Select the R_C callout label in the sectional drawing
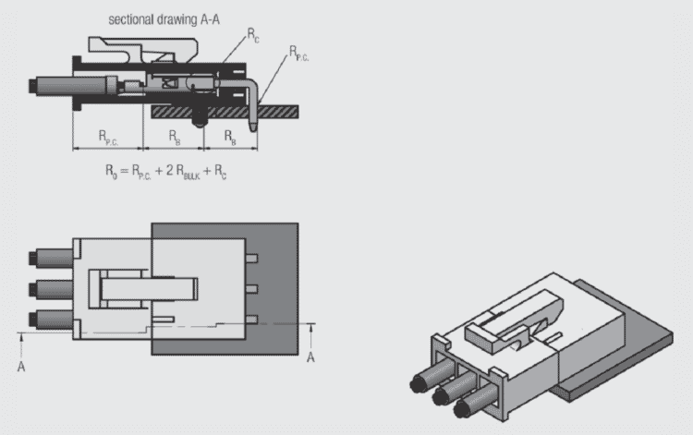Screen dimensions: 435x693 click(252, 33)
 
